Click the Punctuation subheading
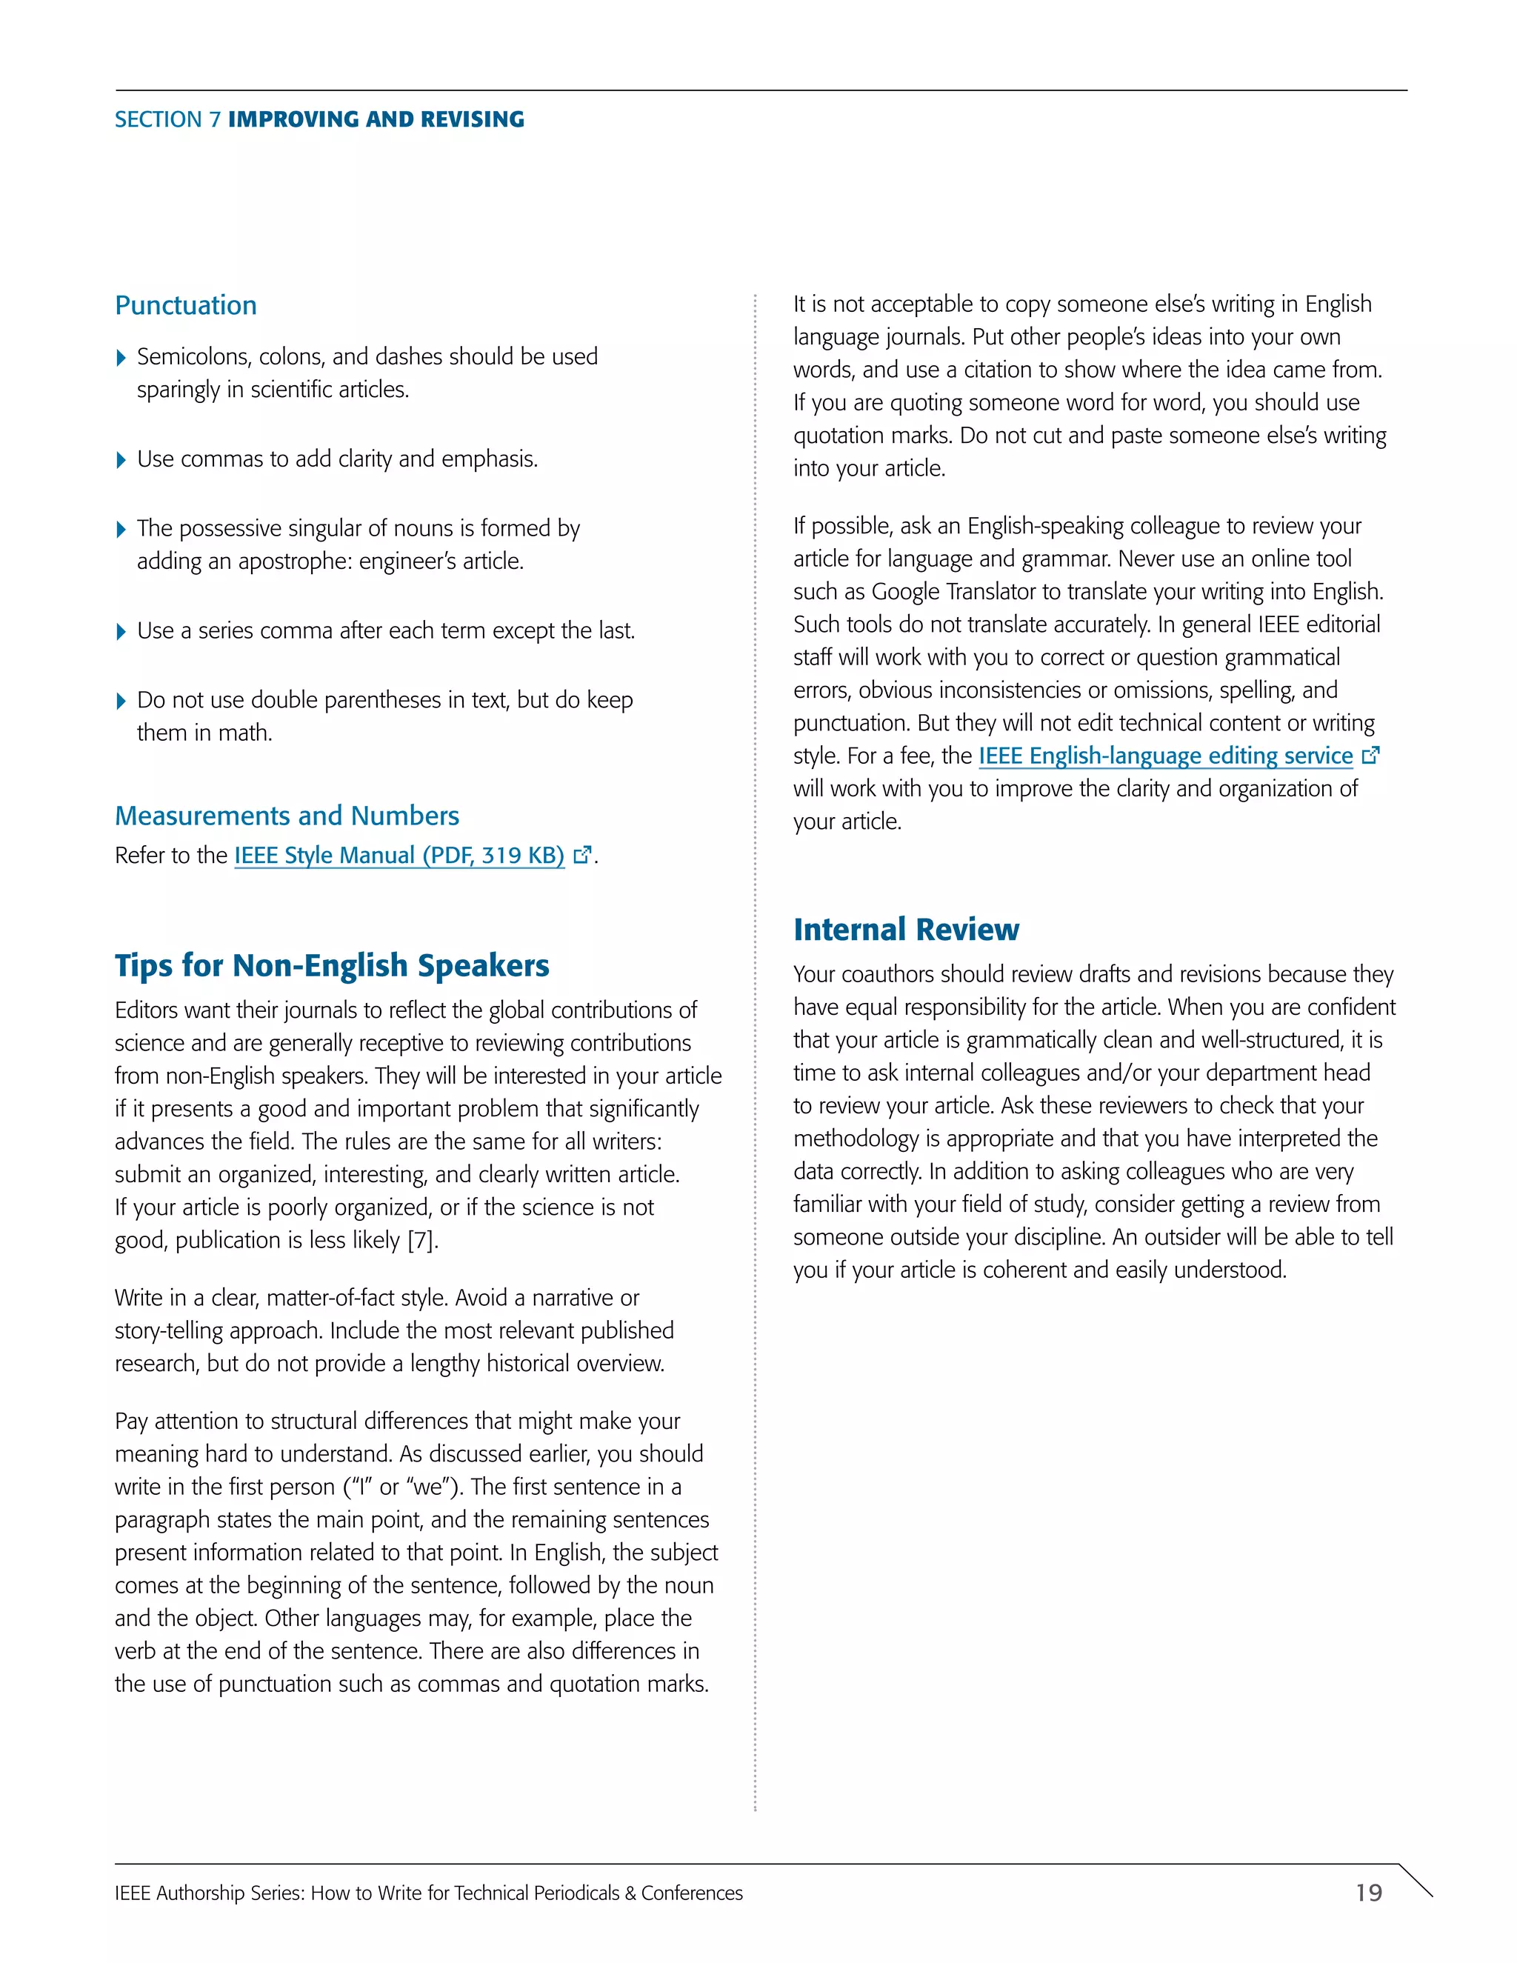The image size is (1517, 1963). [186, 306]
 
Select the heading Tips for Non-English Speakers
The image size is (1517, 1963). [332, 965]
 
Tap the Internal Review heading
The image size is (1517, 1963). [906, 930]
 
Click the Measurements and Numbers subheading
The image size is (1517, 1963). [287, 816]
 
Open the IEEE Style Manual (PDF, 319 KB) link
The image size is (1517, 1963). [399, 855]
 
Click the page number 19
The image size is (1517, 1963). [1368, 1893]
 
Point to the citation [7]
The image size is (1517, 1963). [421, 1240]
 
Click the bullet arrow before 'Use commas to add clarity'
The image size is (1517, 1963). [121, 461]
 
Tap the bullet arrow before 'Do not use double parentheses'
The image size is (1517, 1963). [121, 701]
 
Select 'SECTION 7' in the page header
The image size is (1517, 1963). [167, 119]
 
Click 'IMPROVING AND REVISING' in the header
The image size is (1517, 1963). [376, 119]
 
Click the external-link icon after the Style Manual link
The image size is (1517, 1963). [582, 855]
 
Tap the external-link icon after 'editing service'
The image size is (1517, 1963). [1370, 756]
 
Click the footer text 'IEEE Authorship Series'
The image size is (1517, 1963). [208, 1893]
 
